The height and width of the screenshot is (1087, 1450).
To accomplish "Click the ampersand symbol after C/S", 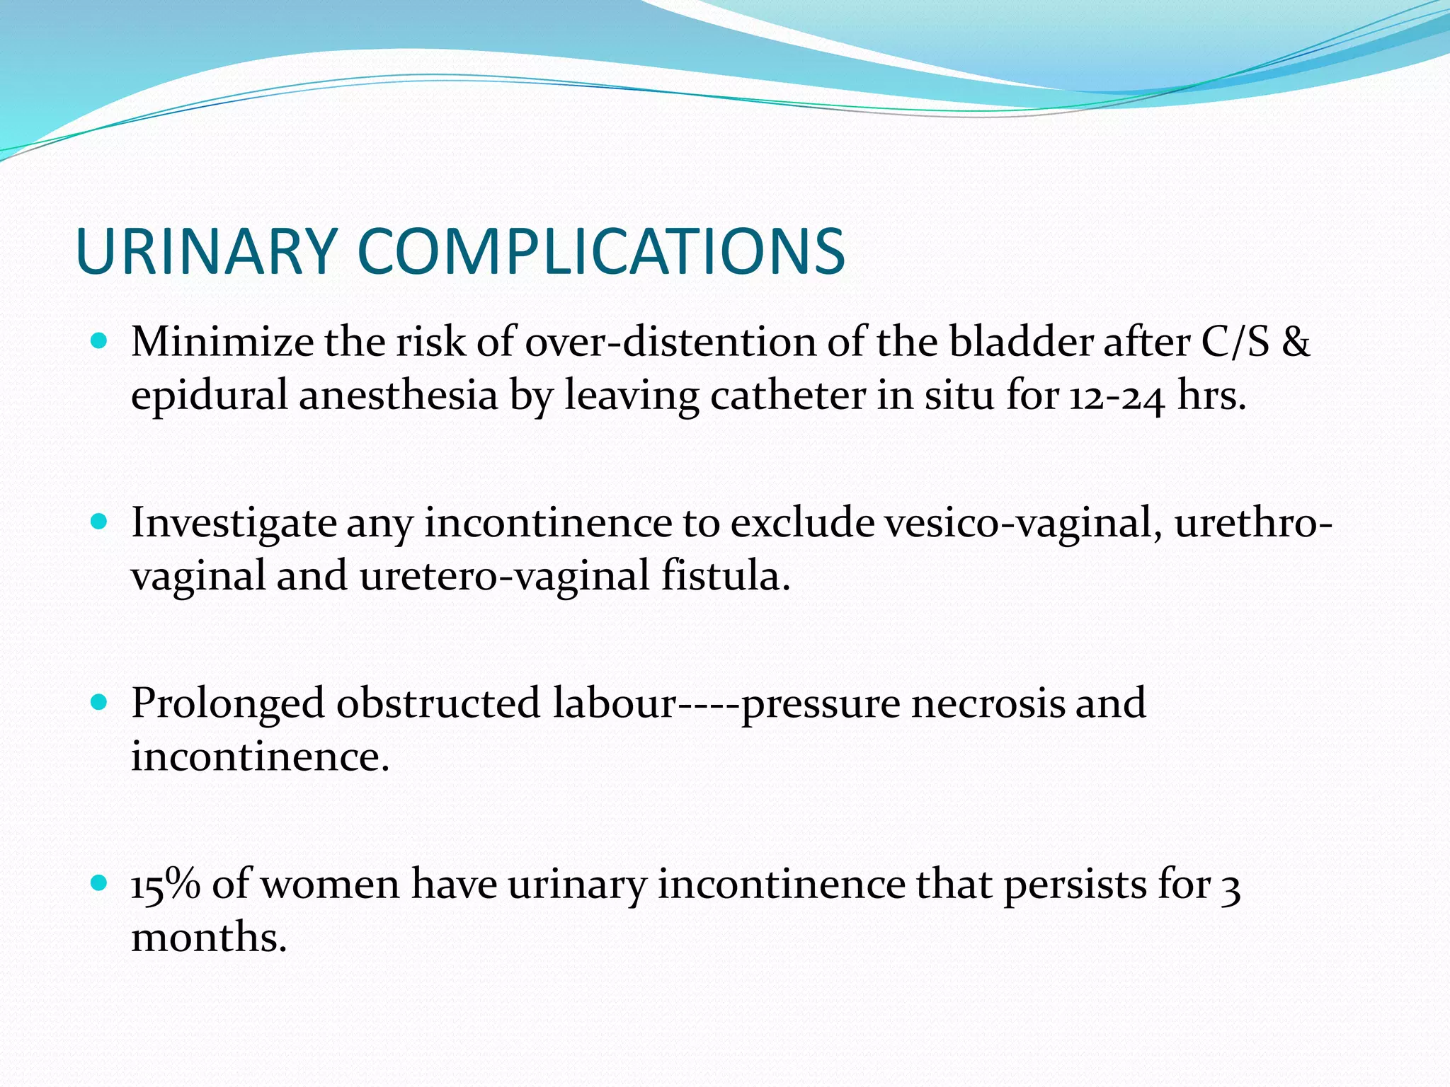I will click(x=1296, y=342).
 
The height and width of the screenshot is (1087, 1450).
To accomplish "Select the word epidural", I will click(x=209, y=396).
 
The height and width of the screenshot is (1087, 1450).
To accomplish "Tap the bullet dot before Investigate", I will click(x=99, y=522).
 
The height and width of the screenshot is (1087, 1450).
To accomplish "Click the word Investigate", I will click(x=234, y=525).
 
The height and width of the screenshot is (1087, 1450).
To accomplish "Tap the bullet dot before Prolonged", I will click(x=99, y=703).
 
